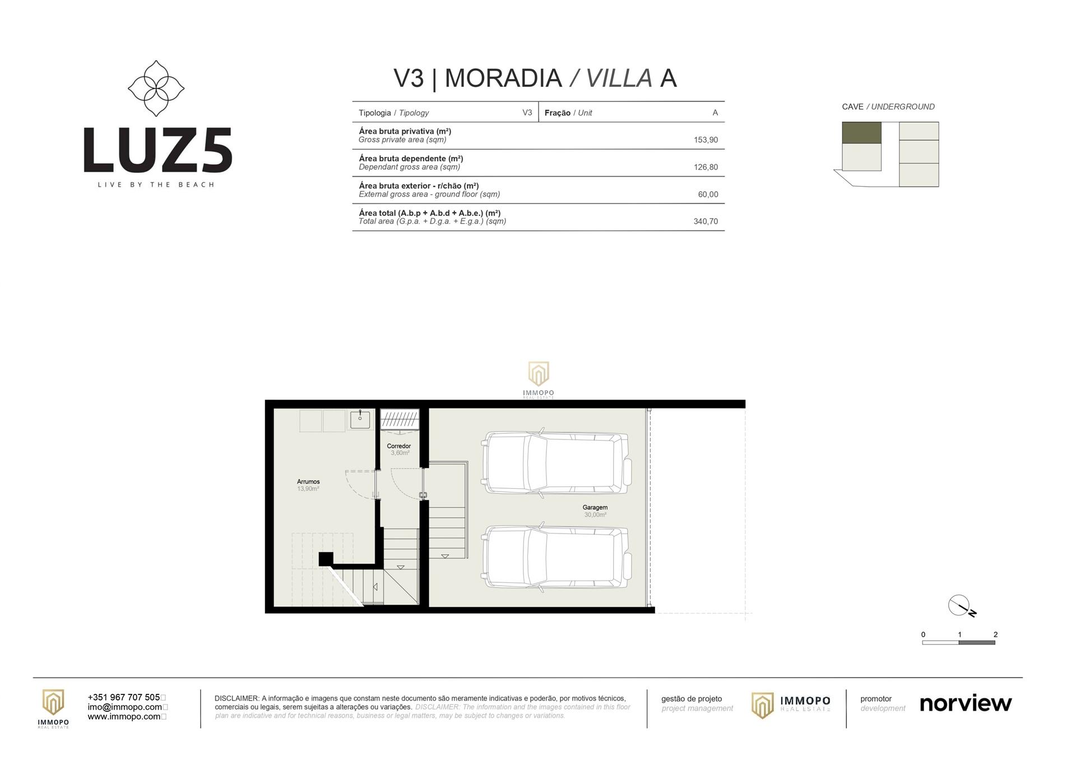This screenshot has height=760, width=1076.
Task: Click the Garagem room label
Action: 595,507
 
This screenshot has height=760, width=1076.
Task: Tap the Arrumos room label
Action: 308,481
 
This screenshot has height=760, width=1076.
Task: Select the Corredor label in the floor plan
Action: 398,446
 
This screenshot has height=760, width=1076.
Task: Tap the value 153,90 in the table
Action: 706,140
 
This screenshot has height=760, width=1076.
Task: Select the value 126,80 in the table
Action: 706,167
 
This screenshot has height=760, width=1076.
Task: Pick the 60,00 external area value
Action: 708,194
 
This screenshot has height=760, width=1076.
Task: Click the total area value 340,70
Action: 706,221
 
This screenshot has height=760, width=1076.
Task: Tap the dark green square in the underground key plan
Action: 861,133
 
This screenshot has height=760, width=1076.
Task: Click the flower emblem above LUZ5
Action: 156,89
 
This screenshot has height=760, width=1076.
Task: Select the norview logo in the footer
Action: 966,703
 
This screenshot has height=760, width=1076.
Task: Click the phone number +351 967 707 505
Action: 124,697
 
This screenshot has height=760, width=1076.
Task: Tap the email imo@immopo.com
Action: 125,707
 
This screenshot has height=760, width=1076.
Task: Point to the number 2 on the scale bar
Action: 995,634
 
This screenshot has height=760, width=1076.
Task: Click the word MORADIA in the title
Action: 503,78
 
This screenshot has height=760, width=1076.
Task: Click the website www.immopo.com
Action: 124,716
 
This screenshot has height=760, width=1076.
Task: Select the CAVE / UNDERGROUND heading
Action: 888,106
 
